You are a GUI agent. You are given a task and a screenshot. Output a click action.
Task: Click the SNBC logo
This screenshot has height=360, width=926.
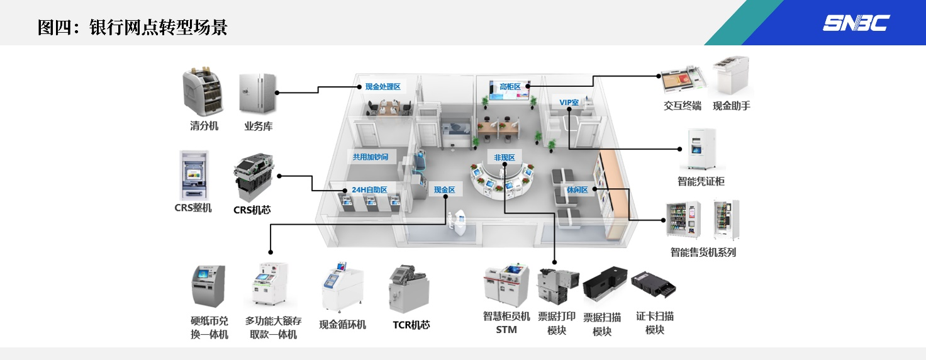click(856, 24)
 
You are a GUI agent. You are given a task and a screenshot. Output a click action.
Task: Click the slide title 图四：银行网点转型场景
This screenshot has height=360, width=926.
click(132, 28)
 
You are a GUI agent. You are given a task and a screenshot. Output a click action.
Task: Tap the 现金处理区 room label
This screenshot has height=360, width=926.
click(382, 86)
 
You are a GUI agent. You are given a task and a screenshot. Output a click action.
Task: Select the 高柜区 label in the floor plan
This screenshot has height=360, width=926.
click(510, 86)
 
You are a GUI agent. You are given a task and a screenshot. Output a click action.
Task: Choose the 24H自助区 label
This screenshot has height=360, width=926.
click(369, 189)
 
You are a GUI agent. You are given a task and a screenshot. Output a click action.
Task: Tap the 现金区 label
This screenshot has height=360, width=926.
click(444, 189)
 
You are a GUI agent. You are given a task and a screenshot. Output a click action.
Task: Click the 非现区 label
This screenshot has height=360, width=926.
click(504, 157)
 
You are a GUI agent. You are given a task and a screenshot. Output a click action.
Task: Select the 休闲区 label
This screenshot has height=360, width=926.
click(576, 189)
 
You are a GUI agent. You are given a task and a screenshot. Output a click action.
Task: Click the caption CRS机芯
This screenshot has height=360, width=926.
click(252, 210)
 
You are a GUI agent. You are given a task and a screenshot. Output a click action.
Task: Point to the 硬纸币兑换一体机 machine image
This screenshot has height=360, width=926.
click(208, 286)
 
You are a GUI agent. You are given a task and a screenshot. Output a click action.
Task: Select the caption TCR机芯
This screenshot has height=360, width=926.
click(411, 325)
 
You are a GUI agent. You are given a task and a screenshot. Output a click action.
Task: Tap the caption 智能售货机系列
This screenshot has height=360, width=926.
click(703, 252)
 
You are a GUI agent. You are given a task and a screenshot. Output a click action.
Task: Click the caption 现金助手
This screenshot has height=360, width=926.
click(731, 106)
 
